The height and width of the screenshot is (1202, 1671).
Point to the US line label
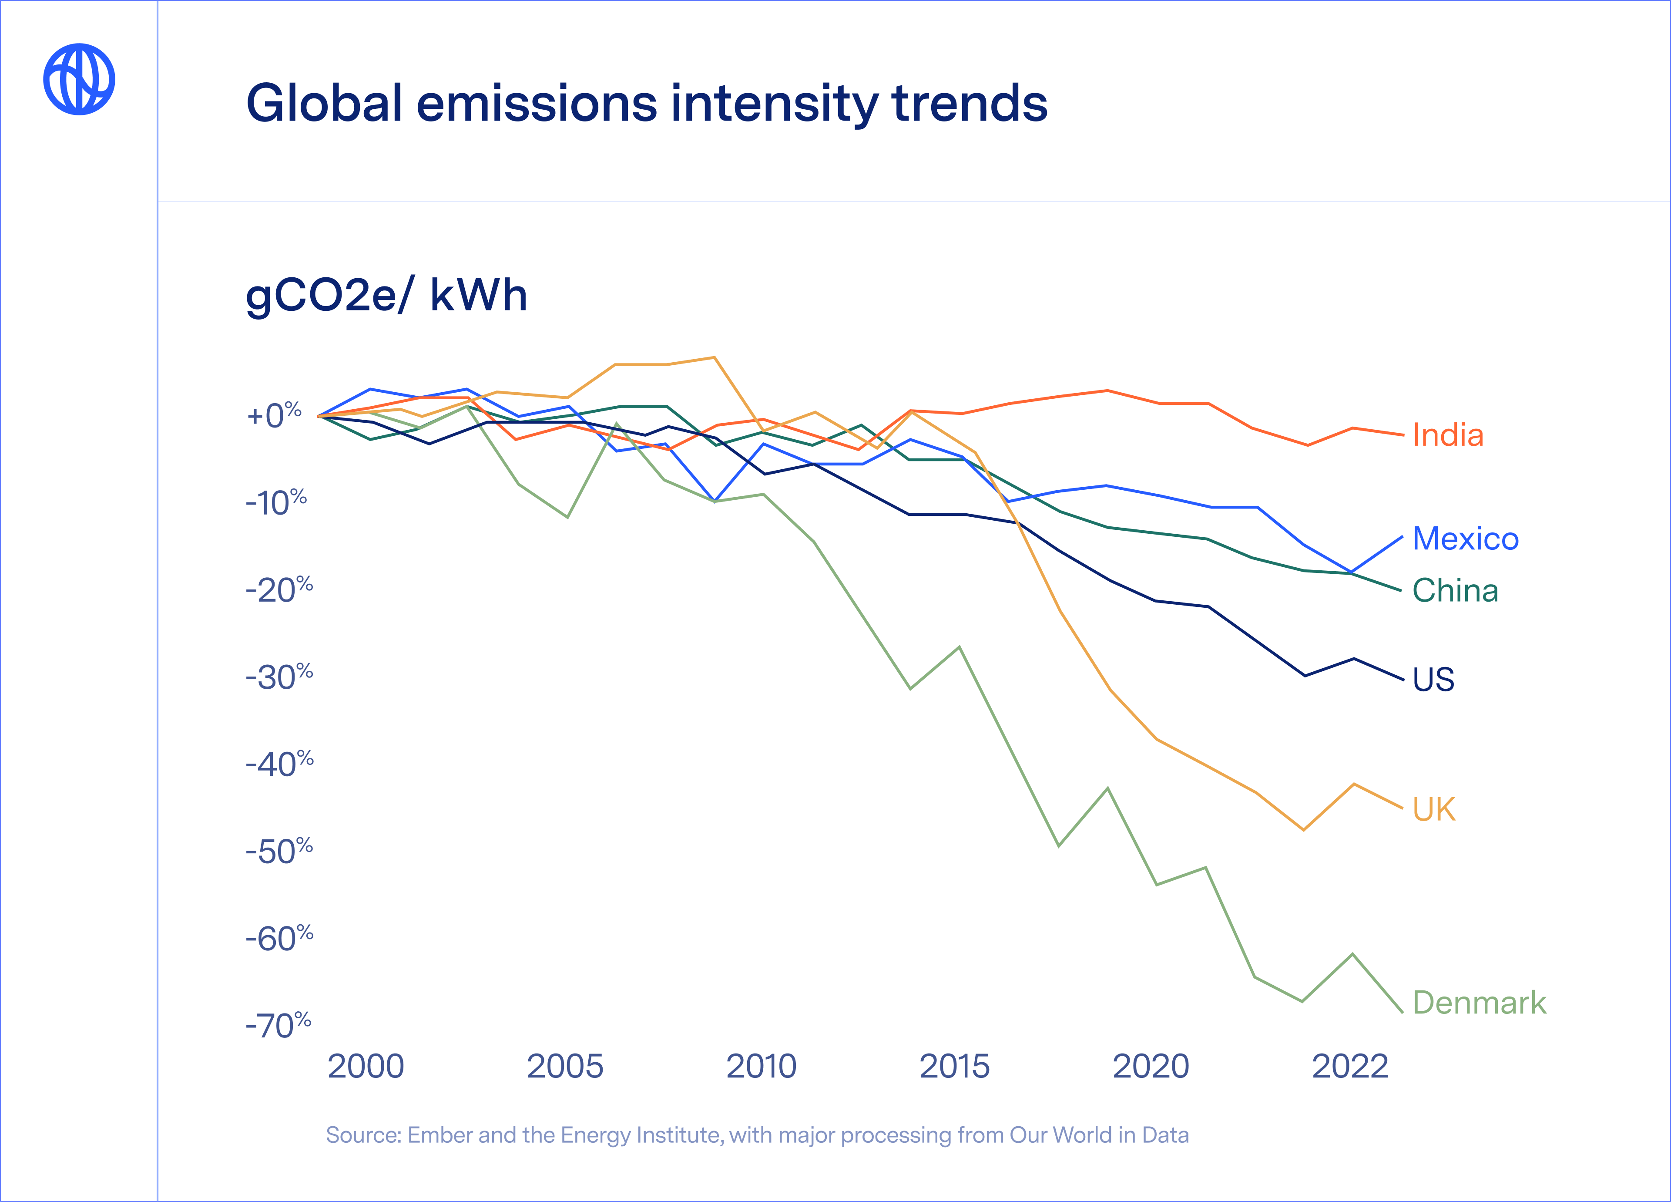tap(1433, 679)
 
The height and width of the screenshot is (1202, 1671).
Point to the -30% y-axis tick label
tap(279, 677)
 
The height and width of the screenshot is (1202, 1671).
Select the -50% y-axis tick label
tap(279, 851)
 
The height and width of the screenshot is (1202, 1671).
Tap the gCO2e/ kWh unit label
tap(386, 296)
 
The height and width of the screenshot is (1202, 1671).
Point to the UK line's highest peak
tap(714, 358)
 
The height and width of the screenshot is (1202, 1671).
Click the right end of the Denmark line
tap(1401, 1011)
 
